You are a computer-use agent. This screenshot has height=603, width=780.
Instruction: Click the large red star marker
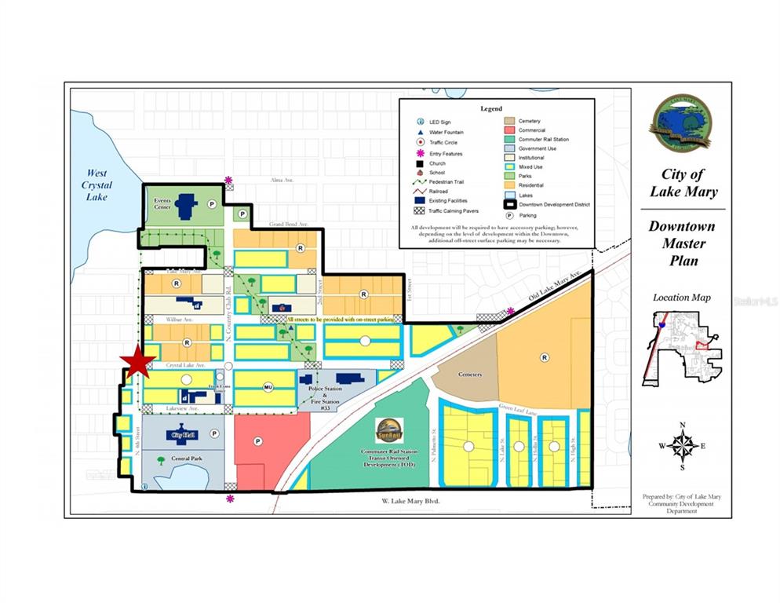(138, 362)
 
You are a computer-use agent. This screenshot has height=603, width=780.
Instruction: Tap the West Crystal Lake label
(98, 185)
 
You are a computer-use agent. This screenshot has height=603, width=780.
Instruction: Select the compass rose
(683, 446)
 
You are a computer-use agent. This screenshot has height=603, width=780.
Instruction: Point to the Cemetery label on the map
(471, 375)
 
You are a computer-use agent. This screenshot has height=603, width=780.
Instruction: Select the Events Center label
(162, 204)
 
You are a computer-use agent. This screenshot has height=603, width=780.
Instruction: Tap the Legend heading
(491, 108)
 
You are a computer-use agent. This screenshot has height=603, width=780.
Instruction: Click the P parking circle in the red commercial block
(257, 442)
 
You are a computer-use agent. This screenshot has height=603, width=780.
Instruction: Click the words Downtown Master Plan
(682, 243)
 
